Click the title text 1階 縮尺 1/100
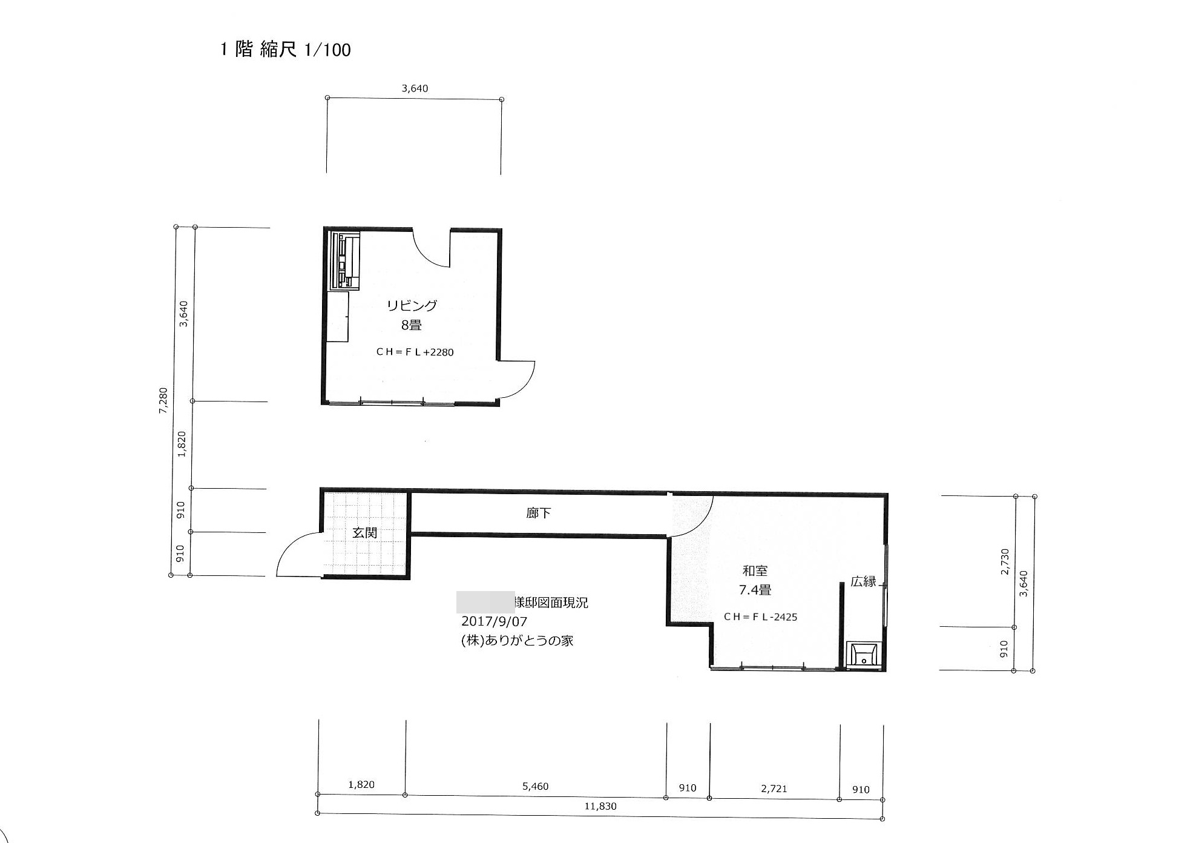(285, 49)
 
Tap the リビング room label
(412, 306)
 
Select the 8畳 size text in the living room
(411, 325)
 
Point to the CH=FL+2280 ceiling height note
(415, 352)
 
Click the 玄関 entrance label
(365, 532)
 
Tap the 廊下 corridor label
(538, 513)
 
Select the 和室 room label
(755, 570)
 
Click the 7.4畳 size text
(755, 589)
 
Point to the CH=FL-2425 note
(760, 617)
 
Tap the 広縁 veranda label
(863, 581)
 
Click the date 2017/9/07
(494, 621)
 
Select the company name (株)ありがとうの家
(517, 640)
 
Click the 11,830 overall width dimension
(600, 806)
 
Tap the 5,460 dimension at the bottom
(535, 787)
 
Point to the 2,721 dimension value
(774, 788)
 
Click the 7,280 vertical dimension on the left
(163, 401)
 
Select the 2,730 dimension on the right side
(1005, 562)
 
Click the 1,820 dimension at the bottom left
(361, 785)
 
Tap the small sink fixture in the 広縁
(863, 655)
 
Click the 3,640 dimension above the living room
(415, 88)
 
